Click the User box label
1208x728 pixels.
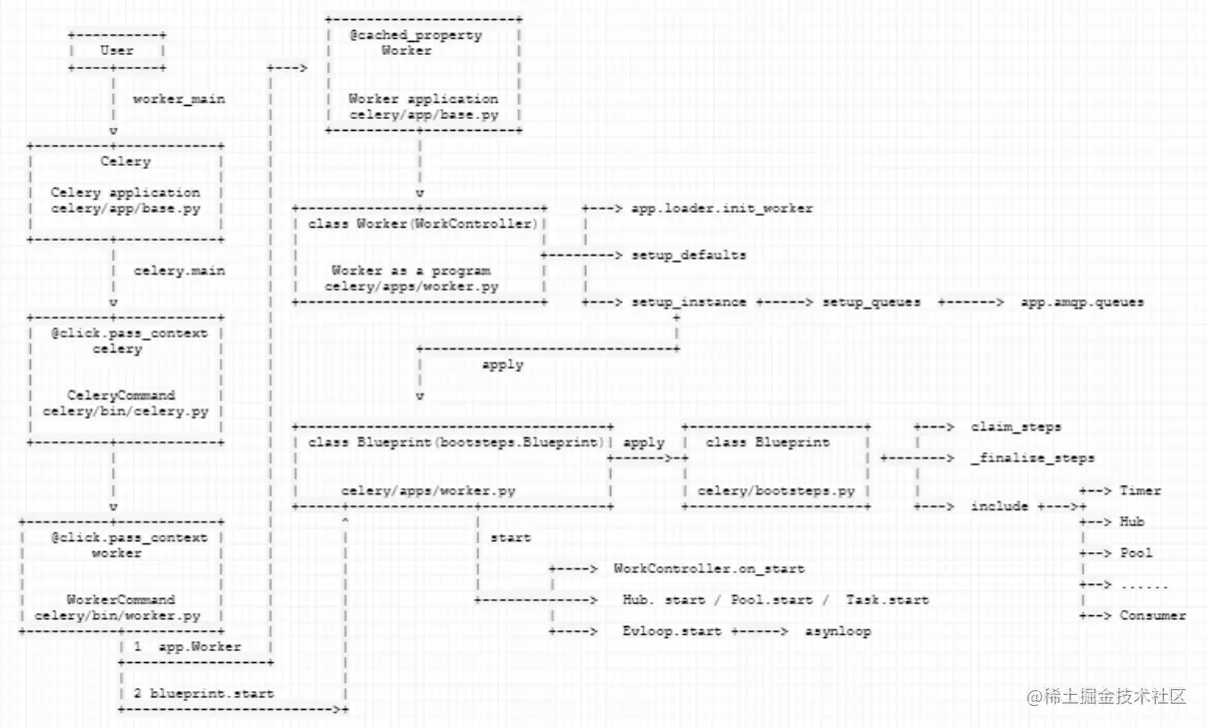click(x=117, y=50)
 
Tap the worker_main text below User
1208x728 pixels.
click(x=179, y=99)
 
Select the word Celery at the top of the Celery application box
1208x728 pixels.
click(x=126, y=161)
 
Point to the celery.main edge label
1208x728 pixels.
click(x=179, y=271)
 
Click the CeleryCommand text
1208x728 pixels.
click(x=121, y=395)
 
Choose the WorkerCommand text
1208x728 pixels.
click(x=121, y=600)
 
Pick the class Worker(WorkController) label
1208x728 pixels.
click(x=422, y=224)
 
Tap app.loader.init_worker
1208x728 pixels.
click(x=722, y=209)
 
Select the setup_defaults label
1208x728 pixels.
click(x=688, y=255)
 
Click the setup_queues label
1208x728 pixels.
click(x=872, y=302)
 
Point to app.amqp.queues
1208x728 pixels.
click(x=1082, y=302)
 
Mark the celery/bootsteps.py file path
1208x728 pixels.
click(x=776, y=491)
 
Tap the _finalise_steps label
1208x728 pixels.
click(x=1032, y=458)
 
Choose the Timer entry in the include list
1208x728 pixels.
click(x=1140, y=490)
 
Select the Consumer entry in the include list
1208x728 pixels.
click(x=1153, y=615)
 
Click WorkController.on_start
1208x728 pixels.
click(x=709, y=569)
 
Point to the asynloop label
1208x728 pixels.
click(x=838, y=631)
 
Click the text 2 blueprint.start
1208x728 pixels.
click(x=203, y=693)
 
